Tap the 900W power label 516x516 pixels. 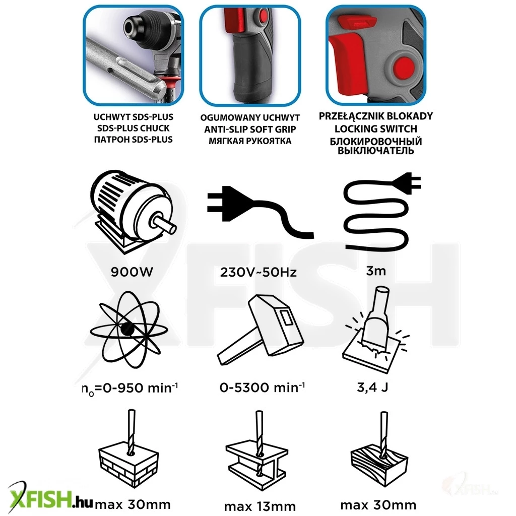click(x=132, y=272)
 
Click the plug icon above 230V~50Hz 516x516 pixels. click(x=260, y=211)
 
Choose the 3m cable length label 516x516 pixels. click(x=376, y=271)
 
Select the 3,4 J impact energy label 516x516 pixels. click(x=373, y=388)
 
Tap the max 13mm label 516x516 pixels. click(x=260, y=506)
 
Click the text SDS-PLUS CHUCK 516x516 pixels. click(x=133, y=128)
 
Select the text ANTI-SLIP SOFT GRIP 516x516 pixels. click(x=250, y=130)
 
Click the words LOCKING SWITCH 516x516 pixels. click(x=376, y=128)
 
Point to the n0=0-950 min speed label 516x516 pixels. click(x=130, y=389)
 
